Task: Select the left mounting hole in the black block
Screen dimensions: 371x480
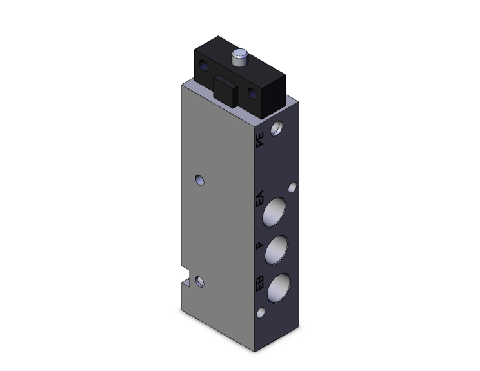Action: click(205, 67)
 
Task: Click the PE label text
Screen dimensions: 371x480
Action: click(261, 140)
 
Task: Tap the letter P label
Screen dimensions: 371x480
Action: click(259, 245)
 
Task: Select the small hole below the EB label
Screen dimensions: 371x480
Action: click(261, 314)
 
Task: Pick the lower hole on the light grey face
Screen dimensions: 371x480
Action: click(201, 281)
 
